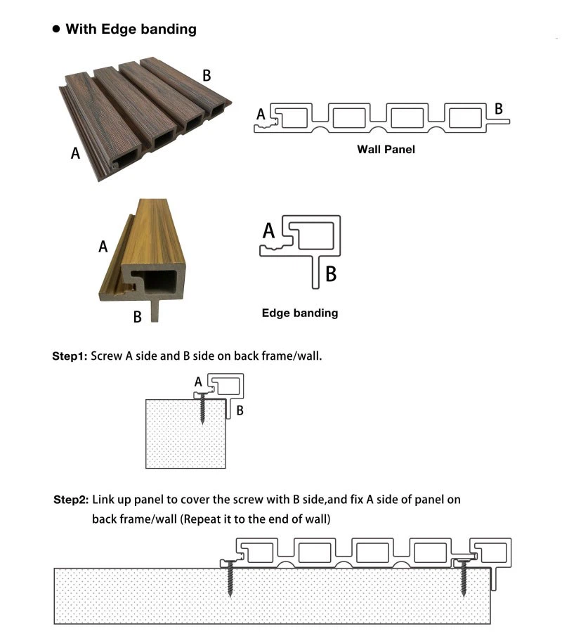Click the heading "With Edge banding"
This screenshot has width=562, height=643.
pyautogui.click(x=131, y=30)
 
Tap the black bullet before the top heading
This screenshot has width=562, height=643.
pyautogui.click(x=57, y=30)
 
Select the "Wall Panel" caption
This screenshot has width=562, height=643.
pyautogui.click(x=386, y=149)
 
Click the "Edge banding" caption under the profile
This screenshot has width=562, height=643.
pyautogui.click(x=299, y=313)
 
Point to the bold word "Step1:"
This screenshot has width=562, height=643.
pyautogui.click(x=70, y=356)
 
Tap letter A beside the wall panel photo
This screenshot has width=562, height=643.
pyautogui.click(x=75, y=152)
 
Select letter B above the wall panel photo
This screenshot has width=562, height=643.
pyautogui.click(x=207, y=76)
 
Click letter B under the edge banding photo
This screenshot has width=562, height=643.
pyautogui.click(x=138, y=317)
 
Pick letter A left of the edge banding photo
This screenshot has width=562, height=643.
pyautogui.click(x=103, y=247)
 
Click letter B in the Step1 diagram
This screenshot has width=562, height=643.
pyautogui.click(x=240, y=410)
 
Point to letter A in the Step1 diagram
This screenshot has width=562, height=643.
pyautogui.click(x=198, y=381)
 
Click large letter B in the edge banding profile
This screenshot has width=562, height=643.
pyautogui.click(x=331, y=273)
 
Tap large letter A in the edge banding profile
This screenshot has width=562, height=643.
pyautogui.click(x=269, y=230)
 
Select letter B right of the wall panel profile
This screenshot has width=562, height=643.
pyautogui.click(x=499, y=108)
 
